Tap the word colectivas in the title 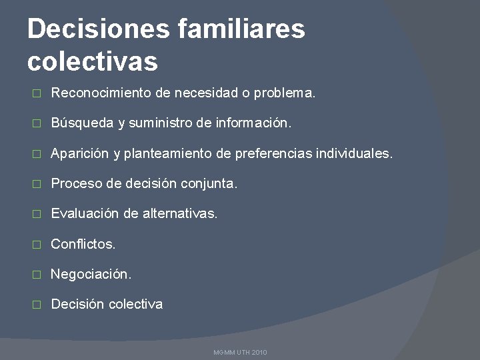93,61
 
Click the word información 254,123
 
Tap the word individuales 355,154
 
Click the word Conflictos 83,244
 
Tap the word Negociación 91,274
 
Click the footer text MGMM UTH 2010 240,352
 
